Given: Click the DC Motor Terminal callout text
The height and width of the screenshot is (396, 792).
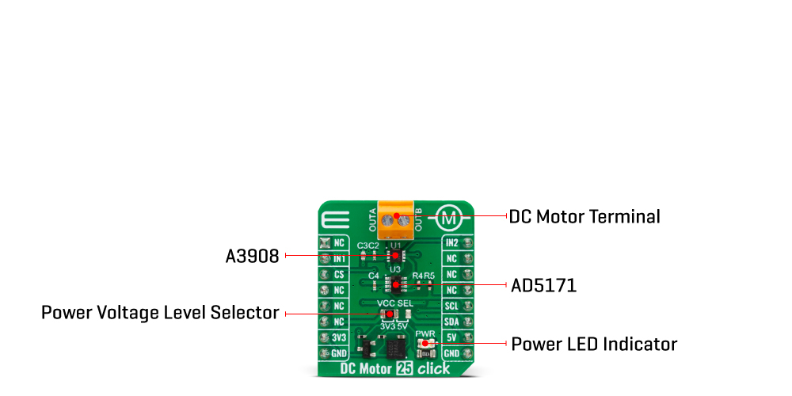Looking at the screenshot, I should click(x=584, y=216).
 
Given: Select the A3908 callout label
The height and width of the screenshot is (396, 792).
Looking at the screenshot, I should click(x=252, y=256).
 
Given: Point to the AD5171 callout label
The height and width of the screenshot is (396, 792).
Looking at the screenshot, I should click(x=543, y=285).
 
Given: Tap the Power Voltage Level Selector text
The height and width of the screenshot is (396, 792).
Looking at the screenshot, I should click(x=160, y=314).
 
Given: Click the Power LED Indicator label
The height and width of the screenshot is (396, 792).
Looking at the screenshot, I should click(x=594, y=345).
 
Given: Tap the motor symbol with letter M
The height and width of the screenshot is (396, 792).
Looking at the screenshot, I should click(x=449, y=216).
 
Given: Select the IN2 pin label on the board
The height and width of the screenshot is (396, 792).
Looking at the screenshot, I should click(x=452, y=242).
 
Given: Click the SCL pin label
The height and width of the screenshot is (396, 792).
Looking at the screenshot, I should click(x=452, y=306).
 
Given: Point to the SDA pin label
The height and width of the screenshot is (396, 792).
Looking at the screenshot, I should click(x=452, y=322).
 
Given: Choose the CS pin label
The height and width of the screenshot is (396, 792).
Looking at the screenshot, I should click(x=339, y=274).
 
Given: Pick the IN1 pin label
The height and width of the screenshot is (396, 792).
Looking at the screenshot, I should click(x=339, y=258).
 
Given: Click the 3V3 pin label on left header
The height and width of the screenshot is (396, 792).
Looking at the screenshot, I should click(x=339, y=337).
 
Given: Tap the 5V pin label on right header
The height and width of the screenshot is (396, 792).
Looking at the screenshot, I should click(x=452, y=337).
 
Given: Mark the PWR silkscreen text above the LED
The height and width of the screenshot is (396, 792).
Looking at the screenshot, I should click(x=425, y=334).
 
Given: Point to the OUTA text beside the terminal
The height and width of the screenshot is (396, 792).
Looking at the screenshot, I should click(x=372, y=215).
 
